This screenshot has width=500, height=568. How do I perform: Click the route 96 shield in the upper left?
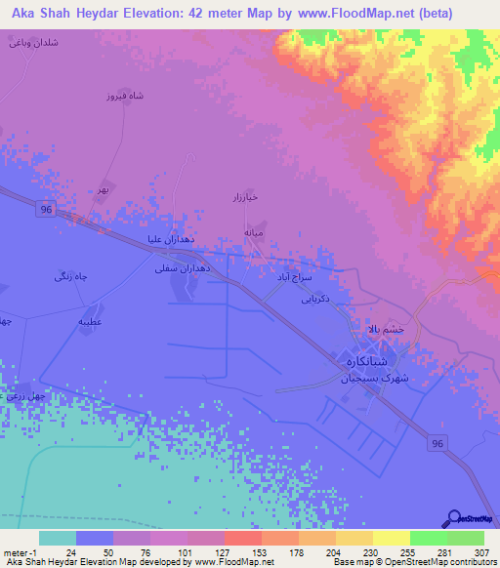[x=46, y=209]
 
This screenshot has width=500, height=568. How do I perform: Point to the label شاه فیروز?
[x=124, y=97]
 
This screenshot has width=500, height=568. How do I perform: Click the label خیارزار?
[x=242, y=199]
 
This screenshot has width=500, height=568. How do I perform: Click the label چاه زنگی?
[x=72, y=278]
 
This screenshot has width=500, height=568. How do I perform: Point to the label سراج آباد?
[x=291, y=277]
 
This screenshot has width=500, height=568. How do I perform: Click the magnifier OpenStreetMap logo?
[x=454, y=518]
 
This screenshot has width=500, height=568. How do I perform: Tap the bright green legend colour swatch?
[x=429, y=538]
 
